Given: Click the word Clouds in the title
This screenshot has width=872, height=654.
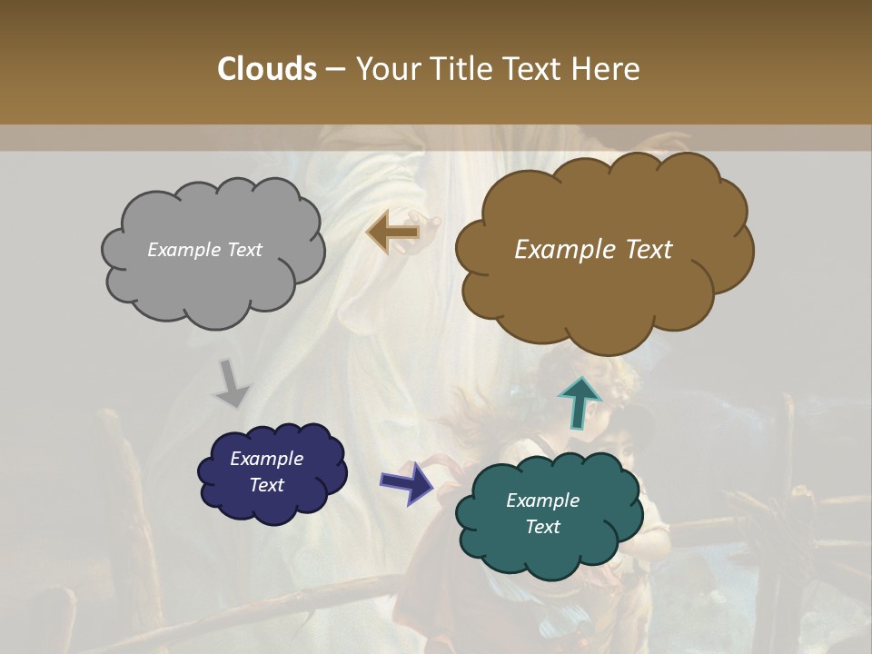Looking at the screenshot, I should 267,68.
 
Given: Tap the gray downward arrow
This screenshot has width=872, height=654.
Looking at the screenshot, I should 233,382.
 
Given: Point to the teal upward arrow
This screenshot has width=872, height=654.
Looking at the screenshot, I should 579,401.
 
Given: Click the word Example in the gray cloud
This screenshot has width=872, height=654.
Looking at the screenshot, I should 183,250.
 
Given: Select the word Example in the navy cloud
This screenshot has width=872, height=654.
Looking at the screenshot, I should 266,459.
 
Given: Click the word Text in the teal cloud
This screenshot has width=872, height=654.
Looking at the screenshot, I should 542,527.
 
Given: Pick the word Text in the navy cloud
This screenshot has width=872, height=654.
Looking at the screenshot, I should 266,485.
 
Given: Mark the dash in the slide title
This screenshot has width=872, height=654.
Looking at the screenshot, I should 335,68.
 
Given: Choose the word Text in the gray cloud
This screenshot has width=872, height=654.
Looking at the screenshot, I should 243,250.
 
